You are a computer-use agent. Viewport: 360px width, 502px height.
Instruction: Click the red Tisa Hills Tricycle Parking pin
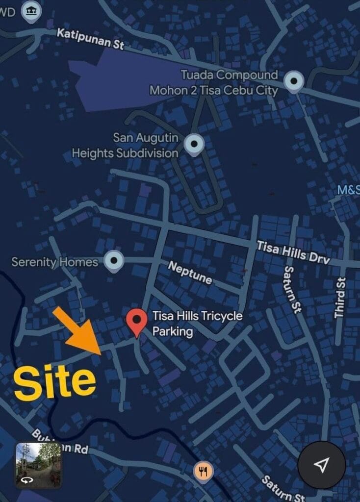tap(137, 321)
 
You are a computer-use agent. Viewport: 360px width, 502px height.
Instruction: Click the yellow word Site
tap(54, 383)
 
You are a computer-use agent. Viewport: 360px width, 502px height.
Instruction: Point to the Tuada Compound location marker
tap(294, 80)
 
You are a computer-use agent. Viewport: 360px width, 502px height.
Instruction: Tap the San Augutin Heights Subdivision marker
tap(194, 143)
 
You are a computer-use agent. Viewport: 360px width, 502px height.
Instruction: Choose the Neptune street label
tap(190, 273)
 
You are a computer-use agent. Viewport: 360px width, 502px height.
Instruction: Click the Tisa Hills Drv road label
tap(293, 252)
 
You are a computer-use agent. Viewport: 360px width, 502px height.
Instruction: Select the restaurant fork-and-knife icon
tap(204, 471)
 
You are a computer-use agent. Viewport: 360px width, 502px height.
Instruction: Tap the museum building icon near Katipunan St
tap(32, 11)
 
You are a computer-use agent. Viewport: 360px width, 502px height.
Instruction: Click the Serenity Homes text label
tap(55, 262)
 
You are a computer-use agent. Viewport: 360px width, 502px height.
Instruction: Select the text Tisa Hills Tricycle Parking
tap(197, 324)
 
